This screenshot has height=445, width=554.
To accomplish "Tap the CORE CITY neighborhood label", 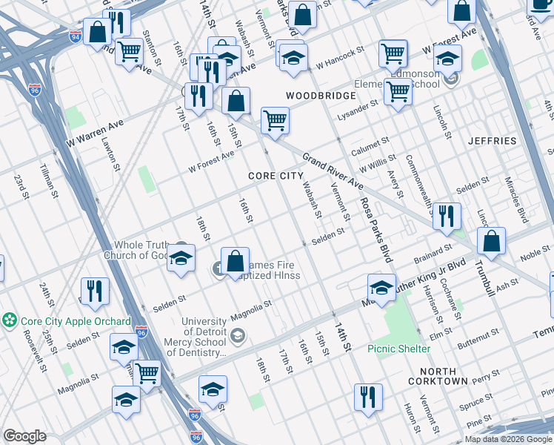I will click(276, 176).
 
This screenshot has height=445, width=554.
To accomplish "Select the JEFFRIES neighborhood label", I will click(492, 140).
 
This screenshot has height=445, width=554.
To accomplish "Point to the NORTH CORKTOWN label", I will click(443, 375).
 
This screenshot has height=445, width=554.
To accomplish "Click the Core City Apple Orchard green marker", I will click(10, 321).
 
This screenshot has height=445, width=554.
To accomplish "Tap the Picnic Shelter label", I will click(398, 349).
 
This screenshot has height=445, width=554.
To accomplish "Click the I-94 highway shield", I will click(76, 35).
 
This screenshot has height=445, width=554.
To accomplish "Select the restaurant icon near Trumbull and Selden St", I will click(447, 215).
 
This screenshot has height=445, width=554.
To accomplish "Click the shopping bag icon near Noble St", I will click(491, 240).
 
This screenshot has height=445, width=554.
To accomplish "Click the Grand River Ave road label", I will click(333, 171).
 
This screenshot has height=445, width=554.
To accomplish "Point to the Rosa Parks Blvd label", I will click(375, 229).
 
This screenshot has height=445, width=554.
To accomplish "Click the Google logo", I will click(24, 436).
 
